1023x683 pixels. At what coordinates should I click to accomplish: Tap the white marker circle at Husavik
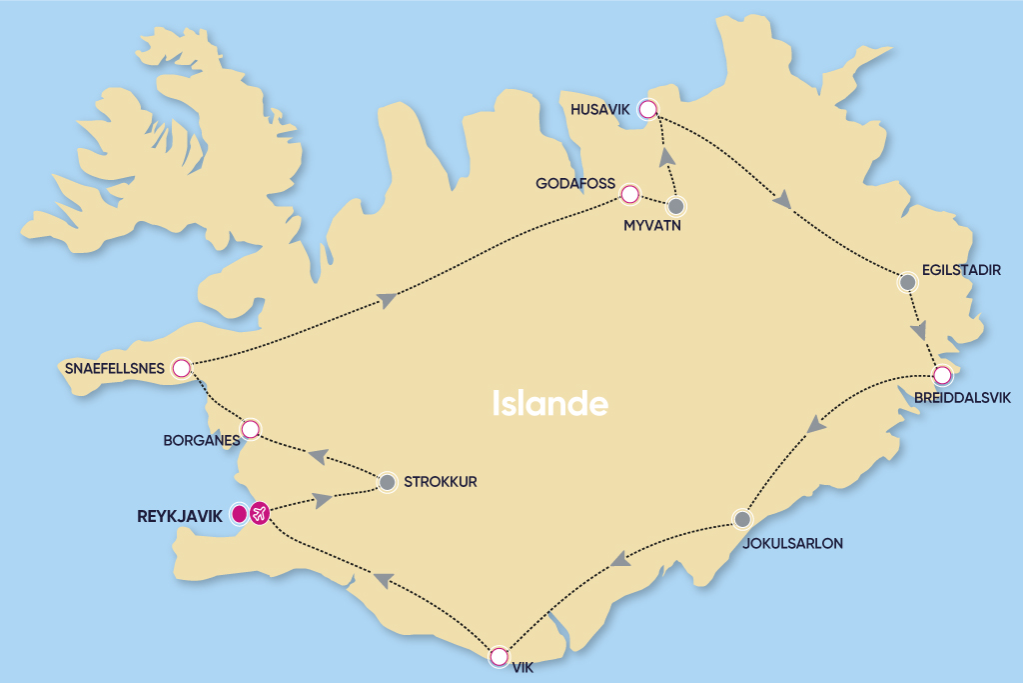pyautogui.click(x=648, y=110)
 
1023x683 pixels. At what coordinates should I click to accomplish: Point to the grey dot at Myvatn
pyautogui.click(x=676, y=207)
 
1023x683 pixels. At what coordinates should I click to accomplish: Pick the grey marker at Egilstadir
pyautogui.click(x=907, y=283)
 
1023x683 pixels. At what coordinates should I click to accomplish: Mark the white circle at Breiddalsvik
pyautogui.click(x=942, y=376)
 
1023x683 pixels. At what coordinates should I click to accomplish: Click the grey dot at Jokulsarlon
pyautogui.click(x=741, y=520)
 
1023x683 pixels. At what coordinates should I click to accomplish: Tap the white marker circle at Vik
pyautogui.click(x=499, y=657)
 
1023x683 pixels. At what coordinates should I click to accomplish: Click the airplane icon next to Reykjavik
pyautogui.click(x=260, y=514)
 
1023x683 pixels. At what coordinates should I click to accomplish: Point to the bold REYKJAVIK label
pyautogui.click(x=179, y=517)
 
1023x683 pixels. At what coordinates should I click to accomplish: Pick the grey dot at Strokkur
pyautogui.click(x=388, y=483)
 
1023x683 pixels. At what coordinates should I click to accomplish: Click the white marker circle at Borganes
pyautogui.click(x=251, y=429)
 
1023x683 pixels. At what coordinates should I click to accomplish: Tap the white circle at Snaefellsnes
pyautogui.click(x=181, y=369)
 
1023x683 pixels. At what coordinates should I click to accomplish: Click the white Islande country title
pyautogui.click(x=550, y=403)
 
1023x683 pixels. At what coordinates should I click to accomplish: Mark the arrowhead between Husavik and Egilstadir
pyautogui.click(x=783, y=200)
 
